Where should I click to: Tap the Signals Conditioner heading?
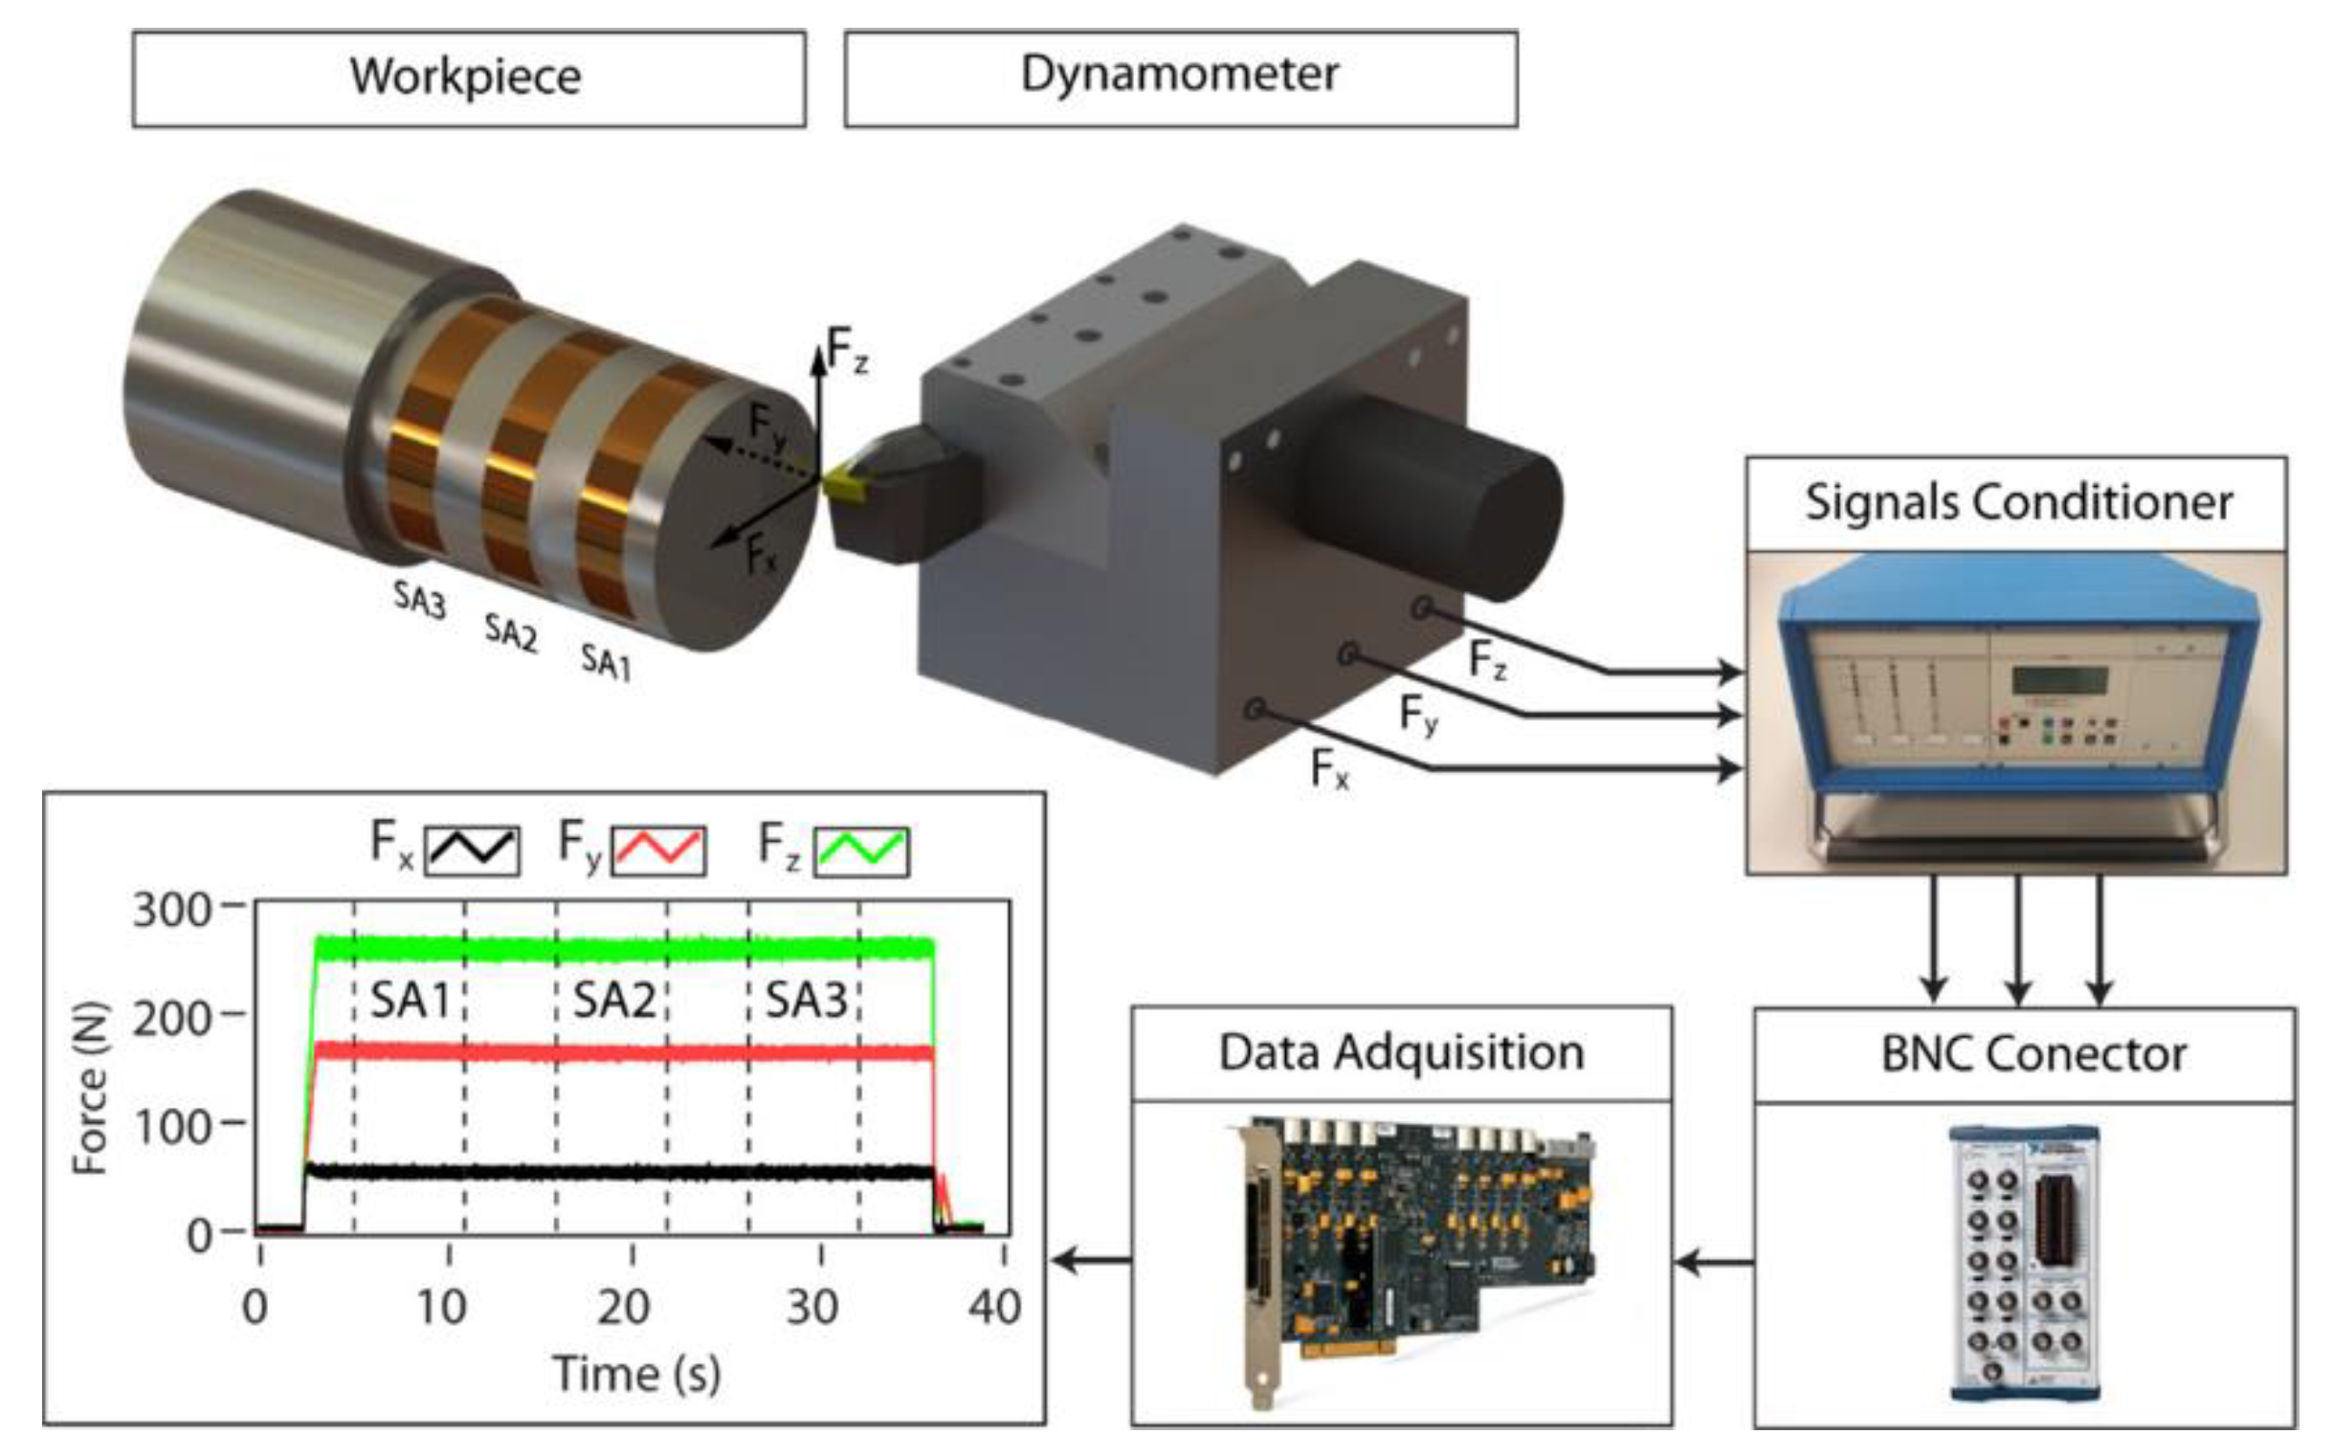[2016, 503]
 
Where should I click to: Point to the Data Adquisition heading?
[1401, 1052]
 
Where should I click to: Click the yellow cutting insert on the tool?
[844, 481]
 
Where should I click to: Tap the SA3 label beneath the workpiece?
[419, 599]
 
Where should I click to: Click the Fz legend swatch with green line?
[860, 850]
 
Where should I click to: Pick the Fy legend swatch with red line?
[659, 850]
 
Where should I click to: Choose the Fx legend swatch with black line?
[472, 850]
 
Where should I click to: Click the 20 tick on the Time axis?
[624, 1307]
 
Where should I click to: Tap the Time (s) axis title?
[635, 1372]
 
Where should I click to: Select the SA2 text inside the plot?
[613, 1001]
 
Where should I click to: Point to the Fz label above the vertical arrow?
[848, 349]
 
